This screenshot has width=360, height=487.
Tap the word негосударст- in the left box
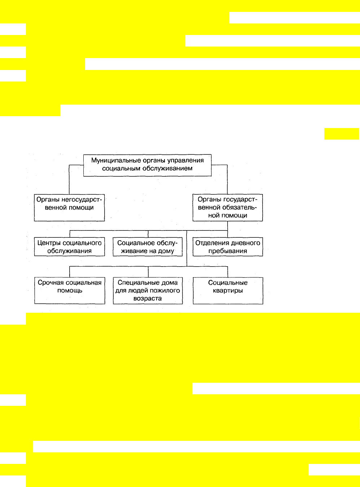(x=82, y=200)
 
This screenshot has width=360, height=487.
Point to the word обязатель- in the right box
(x=239, y=207)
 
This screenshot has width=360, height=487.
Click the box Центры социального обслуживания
(x=69, y=247)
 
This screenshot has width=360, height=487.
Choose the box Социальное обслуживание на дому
(x=148, y=247)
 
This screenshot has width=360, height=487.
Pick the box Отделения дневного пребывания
(x=228, y=247)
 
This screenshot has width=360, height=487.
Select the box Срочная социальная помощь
(x=70, y=290)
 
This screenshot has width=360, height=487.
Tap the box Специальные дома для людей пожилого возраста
(x=148, y=290)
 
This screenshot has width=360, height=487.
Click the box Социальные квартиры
(x=228, y=290)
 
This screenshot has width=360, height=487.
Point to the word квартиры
(x=228, y=291)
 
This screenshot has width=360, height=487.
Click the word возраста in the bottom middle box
(x=148, y=299)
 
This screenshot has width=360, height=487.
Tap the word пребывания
(x=228, y=251)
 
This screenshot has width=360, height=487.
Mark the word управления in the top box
(x=185, y=161)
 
